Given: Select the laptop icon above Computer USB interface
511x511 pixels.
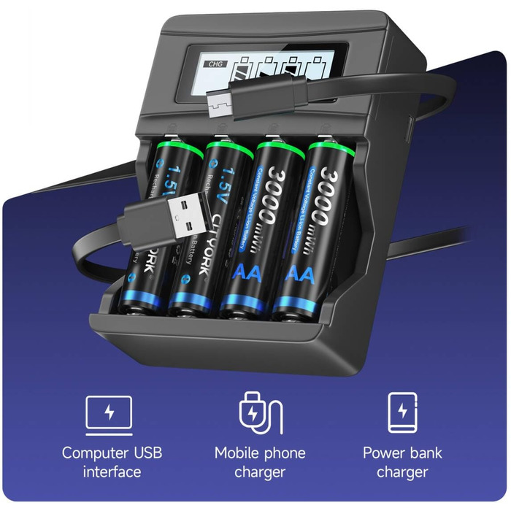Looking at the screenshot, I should pyautogui.click(x=109, y=413).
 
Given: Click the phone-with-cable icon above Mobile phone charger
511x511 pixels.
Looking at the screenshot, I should pyautogui.click(x=257, y=413).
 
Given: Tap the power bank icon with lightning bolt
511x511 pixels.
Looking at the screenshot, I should pyautogui.click(x=402, y=413).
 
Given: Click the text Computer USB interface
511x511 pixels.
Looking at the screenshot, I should pyautogui.click(x=112, y=462).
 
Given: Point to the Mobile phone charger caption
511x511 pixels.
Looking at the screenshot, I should pyautogui.click(x=260, y=462).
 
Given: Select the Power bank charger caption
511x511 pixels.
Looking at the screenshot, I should pyautogui.click(x=402, y=462).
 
